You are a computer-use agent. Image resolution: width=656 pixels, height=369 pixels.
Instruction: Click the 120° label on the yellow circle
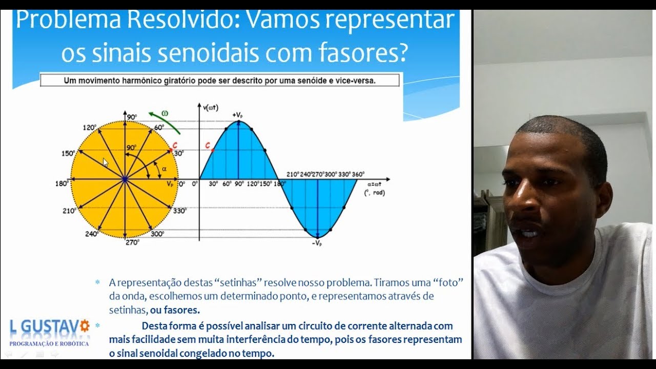pos(89,128)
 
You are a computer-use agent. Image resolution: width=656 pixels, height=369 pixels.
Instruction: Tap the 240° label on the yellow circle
pos(92,234)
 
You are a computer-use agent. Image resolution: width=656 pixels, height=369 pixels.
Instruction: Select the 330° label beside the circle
pos(180,210)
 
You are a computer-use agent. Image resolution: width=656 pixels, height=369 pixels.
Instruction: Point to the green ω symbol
pos(165,113)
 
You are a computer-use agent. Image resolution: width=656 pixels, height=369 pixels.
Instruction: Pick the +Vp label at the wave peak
pos(237,115)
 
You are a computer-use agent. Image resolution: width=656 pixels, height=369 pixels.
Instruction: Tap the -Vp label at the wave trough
pos(317,243)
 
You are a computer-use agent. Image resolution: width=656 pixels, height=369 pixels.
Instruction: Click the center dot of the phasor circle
pos(125,179)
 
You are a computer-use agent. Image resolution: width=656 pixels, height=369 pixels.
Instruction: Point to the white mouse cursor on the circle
pos(106,162)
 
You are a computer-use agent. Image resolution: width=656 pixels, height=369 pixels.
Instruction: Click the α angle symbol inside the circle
pos(164,168)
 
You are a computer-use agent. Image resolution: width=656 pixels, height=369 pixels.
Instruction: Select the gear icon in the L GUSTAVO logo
pos(85,325)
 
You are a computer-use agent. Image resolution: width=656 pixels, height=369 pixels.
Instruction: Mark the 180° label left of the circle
pos(61,183)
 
